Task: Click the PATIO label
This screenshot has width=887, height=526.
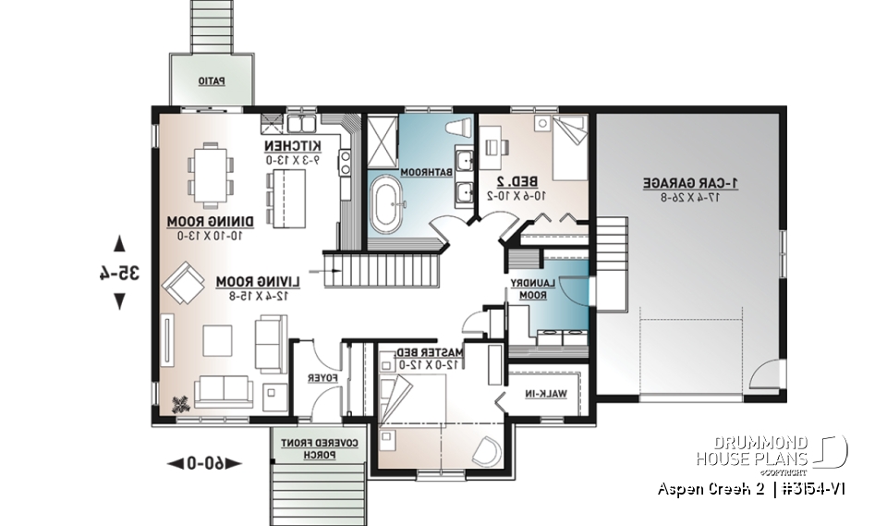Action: click(212, 80)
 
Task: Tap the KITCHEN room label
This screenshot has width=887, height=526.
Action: click(292, 146)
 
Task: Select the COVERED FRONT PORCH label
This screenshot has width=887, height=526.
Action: click(318, 447)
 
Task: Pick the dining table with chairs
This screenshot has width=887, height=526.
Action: click(206, 173)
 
